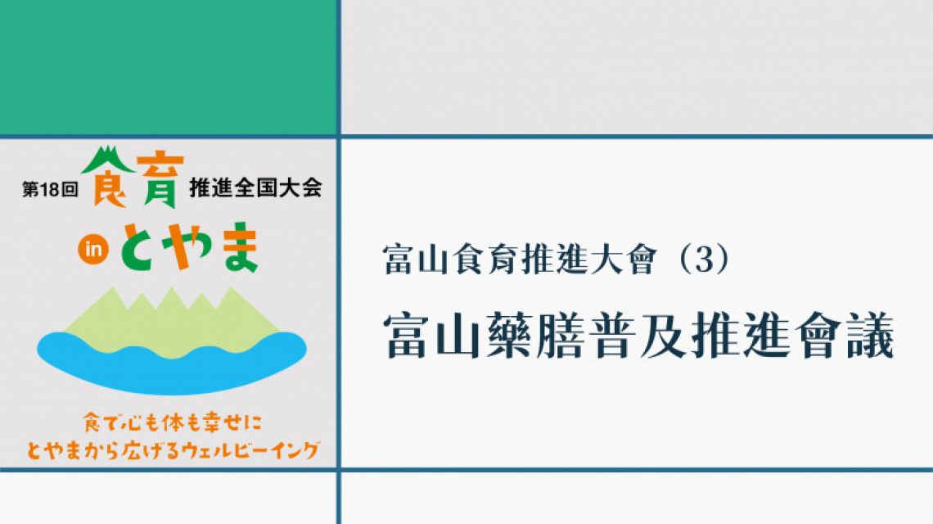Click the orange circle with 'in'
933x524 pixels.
pos(93,249)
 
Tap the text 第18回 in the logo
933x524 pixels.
pos(50,189)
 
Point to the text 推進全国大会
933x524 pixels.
pos(256,188)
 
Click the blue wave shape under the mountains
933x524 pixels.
pos(172,363)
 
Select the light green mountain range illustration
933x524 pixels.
pos(171,322)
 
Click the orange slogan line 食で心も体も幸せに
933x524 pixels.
pos(172,422)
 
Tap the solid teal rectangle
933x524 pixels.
pos(169,66)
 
